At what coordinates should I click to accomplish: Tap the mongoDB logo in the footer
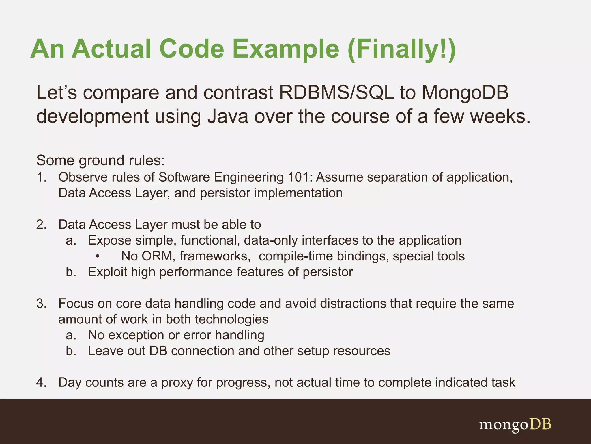coord(515,424)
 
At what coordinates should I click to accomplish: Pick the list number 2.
coord(41,225)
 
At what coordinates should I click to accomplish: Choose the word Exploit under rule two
coord(107,272)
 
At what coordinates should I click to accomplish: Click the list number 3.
coord(41,304)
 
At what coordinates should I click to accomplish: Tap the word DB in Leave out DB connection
coord(158,351)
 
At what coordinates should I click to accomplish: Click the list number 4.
coord(41,382)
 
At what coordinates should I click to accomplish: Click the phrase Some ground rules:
coord(100,160)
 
